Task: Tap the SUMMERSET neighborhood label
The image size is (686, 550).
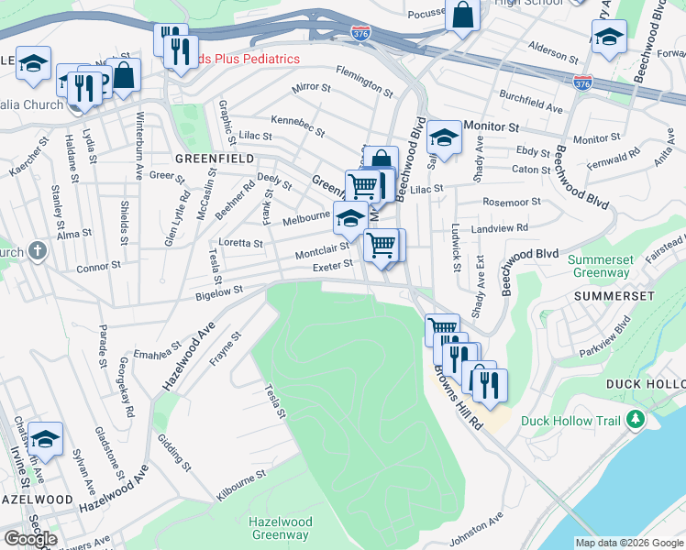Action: tap(614, 296)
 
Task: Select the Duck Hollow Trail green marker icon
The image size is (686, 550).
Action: tap(634, 421)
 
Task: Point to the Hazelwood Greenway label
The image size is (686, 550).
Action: tap(281, 528)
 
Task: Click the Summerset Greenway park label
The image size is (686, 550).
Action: tap(601, 266)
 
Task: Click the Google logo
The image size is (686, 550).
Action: tap(31, 539)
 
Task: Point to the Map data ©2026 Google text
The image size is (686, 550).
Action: tap(628, 543)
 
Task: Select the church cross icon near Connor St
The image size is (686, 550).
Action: tap(37, 250)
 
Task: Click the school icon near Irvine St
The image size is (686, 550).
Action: tap(45, 436)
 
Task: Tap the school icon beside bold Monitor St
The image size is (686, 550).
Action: tap(444, 137)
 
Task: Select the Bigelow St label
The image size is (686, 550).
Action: tap(218, 291)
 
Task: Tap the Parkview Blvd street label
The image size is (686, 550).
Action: tap(604, 338)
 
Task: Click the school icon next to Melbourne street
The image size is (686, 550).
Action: tap(349, 217)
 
